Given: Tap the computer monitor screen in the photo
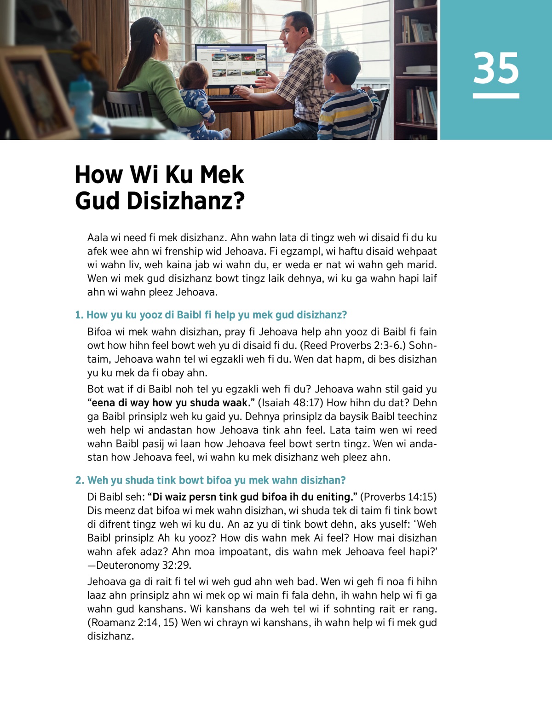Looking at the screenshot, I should (x=231, y=64).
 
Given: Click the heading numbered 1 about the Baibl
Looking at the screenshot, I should (x=211, y=315).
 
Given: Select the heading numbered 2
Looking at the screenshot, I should (x=210, y=480).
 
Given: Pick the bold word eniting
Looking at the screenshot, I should (x=334, y=497).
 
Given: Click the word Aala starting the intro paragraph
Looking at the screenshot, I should (x=98, y=237).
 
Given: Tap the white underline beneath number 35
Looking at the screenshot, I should (x=496, y=96).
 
